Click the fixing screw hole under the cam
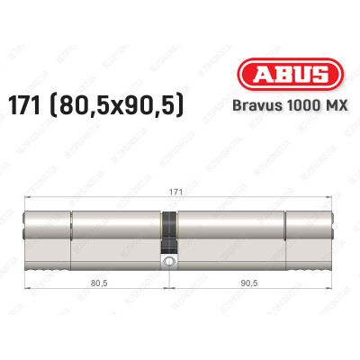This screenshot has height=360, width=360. point(167,262)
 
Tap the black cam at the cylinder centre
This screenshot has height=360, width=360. point(167,233)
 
